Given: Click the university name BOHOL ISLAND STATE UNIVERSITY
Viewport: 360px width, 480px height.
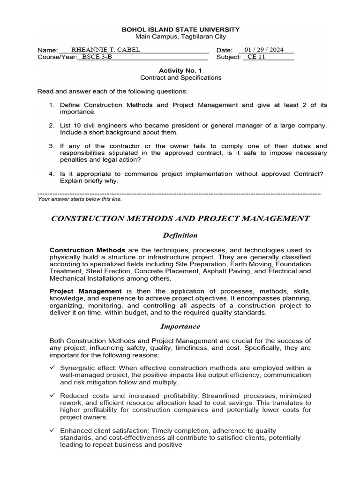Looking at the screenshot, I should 180,29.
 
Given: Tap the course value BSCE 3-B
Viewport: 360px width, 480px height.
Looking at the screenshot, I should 97,57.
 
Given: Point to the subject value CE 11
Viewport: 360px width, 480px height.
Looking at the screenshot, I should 257,57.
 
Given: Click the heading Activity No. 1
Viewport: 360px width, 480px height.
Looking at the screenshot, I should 180,70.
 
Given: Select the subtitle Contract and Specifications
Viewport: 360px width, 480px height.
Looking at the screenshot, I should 180,77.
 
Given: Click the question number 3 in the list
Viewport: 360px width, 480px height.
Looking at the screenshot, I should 51,146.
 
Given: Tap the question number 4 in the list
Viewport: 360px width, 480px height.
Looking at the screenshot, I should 51,173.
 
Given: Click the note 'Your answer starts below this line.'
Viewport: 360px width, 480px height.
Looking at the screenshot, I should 80,199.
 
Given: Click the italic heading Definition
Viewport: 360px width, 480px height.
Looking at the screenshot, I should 180,235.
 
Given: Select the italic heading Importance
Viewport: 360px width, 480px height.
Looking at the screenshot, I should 180,326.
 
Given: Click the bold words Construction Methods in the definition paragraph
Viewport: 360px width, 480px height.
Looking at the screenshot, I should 87,250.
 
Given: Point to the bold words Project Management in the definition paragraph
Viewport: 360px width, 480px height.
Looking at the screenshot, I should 85,291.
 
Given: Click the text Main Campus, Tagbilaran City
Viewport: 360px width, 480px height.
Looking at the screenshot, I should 180,36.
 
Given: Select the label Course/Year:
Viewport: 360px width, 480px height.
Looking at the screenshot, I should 56,57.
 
